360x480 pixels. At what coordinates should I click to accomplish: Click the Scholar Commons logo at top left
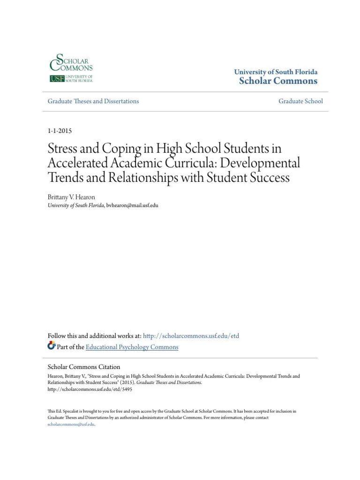71,68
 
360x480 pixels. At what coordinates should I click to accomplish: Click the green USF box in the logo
57,79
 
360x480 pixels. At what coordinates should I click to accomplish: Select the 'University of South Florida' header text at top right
276,72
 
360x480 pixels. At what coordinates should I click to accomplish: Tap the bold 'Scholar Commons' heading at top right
278,81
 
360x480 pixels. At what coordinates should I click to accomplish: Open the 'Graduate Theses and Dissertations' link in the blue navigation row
93,101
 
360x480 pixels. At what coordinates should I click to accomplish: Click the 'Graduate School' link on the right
300,101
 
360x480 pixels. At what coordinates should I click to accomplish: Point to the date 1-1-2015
60,131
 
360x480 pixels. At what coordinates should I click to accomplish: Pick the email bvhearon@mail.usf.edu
132,205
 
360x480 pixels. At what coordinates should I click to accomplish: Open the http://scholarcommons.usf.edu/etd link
191,336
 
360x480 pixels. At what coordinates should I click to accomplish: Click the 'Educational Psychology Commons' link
133,347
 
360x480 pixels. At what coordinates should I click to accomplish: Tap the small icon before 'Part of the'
52,346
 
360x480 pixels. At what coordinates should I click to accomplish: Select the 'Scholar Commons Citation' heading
84,367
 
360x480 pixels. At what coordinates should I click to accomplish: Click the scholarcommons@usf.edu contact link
71,411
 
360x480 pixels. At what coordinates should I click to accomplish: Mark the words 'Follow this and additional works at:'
94,336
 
